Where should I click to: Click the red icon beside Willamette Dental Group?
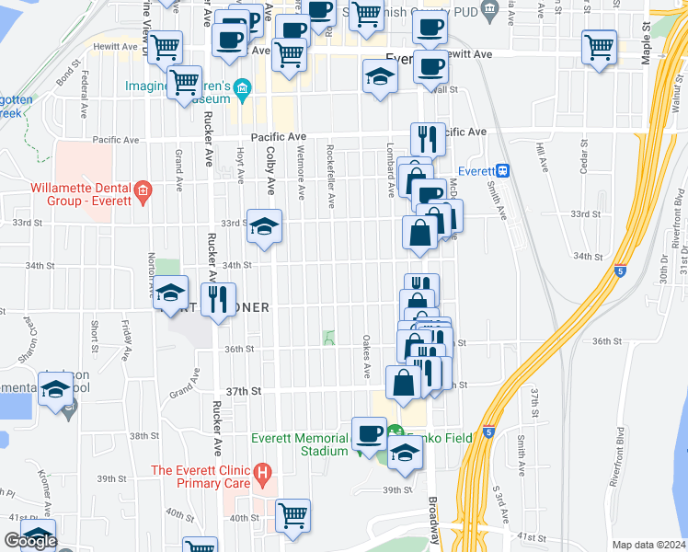(143, 191)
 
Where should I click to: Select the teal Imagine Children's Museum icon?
(243, 88)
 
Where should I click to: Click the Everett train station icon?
(503, 171)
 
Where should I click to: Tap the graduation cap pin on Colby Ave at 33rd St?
(264, 227)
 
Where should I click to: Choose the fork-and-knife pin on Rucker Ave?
(218, 299)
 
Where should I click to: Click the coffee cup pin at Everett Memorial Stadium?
(369, 433)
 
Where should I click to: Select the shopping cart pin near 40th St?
(292, 515)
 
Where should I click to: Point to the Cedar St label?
(583, 155)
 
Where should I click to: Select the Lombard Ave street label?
(390, 175)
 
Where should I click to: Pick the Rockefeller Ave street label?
(329, 169)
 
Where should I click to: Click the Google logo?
(30, 541)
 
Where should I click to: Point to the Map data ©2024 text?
(648, 545)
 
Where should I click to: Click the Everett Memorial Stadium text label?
(300, 444)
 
